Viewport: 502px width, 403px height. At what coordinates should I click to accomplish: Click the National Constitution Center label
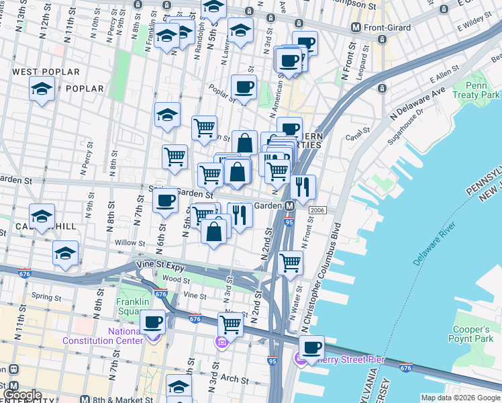(103, 336)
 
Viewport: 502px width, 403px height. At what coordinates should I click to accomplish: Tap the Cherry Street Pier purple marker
(302, 360)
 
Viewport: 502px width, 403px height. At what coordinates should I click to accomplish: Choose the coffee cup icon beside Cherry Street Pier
(311, 348)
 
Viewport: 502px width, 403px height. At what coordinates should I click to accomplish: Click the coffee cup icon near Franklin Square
(153, 322)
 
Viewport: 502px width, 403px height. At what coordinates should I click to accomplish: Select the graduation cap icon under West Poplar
(42, 89)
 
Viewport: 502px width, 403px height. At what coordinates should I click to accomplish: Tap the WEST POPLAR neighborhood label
(46, 72)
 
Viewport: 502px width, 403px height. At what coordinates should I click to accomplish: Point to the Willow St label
(130, 242)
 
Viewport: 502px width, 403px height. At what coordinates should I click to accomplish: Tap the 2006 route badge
(317, 211)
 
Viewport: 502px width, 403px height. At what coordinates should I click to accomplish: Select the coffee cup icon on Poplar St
(244, 87)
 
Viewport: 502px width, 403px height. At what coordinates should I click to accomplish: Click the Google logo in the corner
(21, 395)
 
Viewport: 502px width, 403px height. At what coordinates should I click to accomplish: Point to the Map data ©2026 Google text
(460, 398)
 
